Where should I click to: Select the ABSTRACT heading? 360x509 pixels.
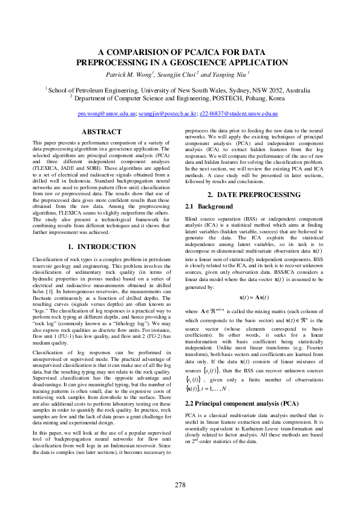pos(101,132)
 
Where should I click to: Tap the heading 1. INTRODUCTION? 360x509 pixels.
pos(101,246)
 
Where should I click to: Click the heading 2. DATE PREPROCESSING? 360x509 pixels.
pos(254,178)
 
